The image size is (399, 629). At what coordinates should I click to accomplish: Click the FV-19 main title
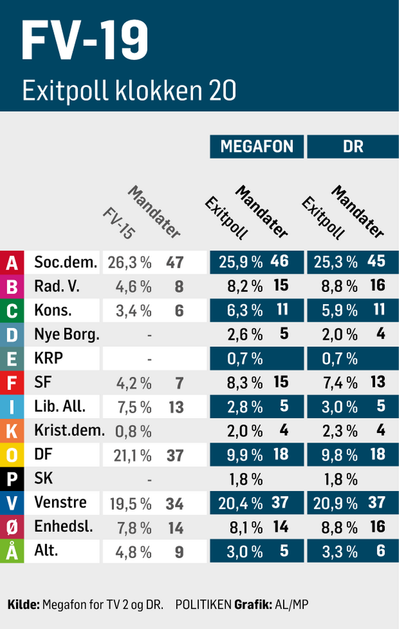click(85, 41)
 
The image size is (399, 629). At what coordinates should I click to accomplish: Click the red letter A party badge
click(12, 262)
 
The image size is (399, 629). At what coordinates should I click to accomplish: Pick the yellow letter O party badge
click(12, 455)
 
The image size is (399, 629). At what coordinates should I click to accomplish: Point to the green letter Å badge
click(12, 552)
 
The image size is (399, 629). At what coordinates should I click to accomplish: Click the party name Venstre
click(60, 503)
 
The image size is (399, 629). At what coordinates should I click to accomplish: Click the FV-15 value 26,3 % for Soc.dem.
click(129, 262)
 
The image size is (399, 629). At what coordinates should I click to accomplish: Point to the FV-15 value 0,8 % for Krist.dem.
click(133, 431)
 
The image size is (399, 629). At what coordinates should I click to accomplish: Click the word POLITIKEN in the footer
click(203, 605)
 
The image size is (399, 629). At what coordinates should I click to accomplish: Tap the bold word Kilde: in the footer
click(23, 605)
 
